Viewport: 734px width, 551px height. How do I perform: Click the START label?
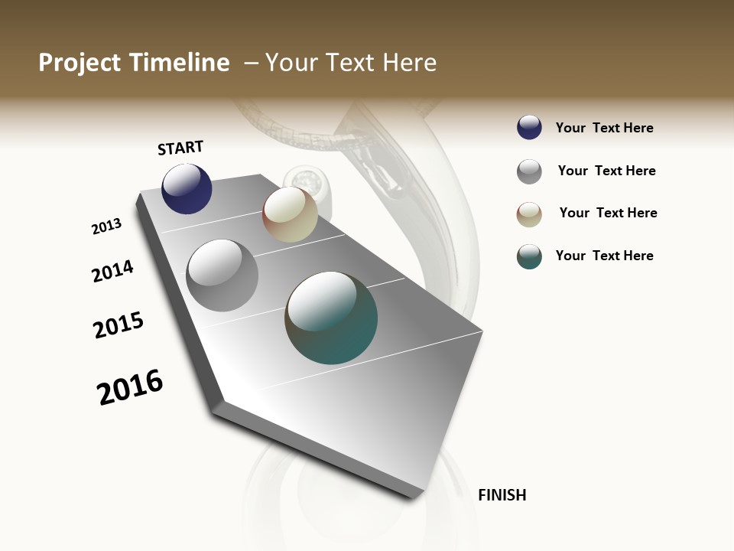point(180,148)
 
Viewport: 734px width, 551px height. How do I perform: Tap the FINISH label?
point(502,495)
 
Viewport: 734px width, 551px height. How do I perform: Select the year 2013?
point(106,227)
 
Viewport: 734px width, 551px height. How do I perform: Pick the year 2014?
point(112,271)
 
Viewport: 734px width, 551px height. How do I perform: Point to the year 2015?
point(119,325)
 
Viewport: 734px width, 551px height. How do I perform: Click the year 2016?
point(130,387)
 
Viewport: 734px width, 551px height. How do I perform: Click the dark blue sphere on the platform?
point(187,189)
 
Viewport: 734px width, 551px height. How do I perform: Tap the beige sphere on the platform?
point(290,215)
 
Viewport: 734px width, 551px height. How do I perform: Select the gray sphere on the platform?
point(222,275)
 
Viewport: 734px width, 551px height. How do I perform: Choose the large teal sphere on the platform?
point(331,318)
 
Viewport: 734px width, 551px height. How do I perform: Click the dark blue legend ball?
point(529,128)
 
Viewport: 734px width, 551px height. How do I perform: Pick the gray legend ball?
point(529,171)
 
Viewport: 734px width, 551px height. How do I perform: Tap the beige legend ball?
point(529,214)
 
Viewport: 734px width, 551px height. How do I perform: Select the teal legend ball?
point(529,256)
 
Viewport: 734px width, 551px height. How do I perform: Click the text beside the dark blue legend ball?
point(604,128)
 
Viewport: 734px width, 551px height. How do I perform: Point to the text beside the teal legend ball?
point(604,256)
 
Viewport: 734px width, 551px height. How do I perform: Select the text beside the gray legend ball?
point(606,171)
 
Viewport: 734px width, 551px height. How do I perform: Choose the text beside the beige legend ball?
point(608,213)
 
